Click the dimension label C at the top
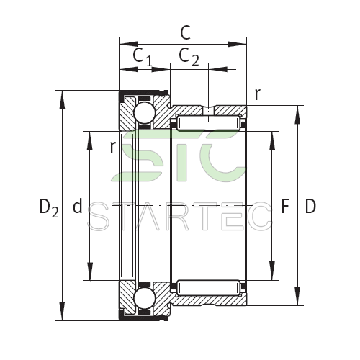[x=185, y=32]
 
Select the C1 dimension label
[x=143, y=57]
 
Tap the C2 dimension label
[x=189, y=57]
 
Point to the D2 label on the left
[x=49, y=207]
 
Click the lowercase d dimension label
[x=77, y=206]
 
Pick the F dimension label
[x=285, y=206]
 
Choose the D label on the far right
[x=310, y=206]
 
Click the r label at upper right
[x=257, y=94]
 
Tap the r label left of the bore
[x=113, y=147]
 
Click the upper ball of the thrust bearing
[x=145, y=113]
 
